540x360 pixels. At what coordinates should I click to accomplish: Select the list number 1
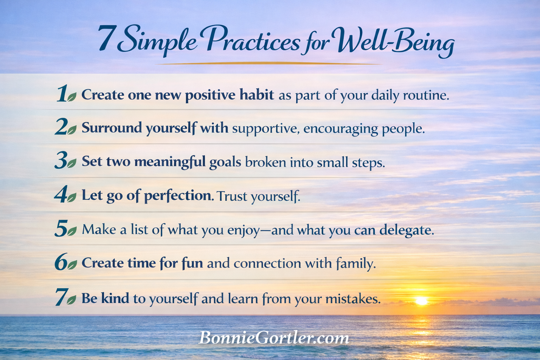61,94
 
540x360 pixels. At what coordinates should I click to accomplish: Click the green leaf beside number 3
72,163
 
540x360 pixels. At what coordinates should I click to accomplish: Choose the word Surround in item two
112,128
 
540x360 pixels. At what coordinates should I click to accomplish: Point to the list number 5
61,228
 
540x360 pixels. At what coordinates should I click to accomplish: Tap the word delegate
406,230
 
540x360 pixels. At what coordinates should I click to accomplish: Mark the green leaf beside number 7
71,300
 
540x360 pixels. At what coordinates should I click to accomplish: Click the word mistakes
353,299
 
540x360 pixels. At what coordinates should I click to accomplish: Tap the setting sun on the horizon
422,301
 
